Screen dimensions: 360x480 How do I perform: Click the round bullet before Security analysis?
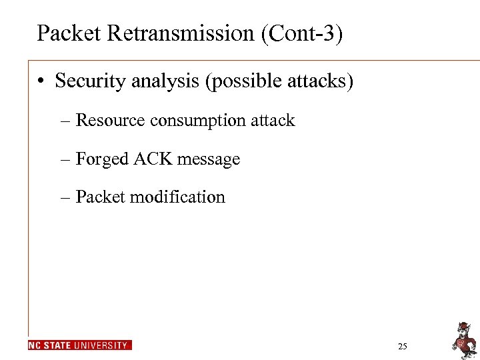[41, 81]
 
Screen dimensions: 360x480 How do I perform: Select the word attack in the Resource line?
[273, 121]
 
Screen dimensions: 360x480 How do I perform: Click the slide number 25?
[402, 346]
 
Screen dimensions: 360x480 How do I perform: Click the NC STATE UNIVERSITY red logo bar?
[80, 345]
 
